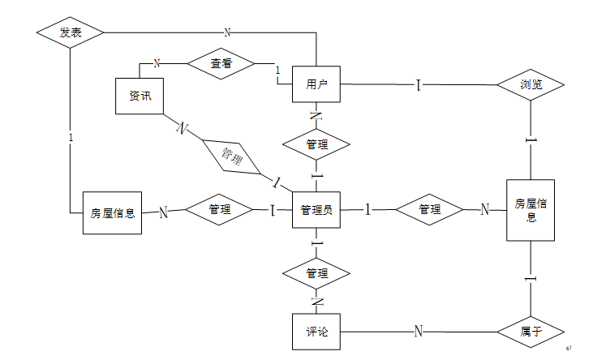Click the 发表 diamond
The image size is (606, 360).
pyautogui.click(x=71, y=32)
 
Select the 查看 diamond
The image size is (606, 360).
pyautogui.click(x=221, y=63)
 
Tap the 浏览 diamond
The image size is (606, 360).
pyautogui.click(x=531, y=84)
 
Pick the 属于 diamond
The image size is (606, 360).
pyautogui.click(x=531, y=332)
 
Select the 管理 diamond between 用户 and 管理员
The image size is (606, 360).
pyautogui.click(x=316, y=144)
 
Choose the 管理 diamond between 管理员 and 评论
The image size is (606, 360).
pyautogui.click(x=316, y=273)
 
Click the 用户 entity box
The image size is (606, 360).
pyautogui.click(x=316, y=84)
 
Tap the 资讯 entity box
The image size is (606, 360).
pyautogui.click(x=140, y=96)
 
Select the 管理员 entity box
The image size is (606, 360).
pyautogui.click(x=316, y=210)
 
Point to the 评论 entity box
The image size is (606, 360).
pyautogui.click(x=316, y=332)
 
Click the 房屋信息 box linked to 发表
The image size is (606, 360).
pyautogui.click(x=112, y=212)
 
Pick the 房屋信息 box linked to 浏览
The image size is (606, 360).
pyautogui.click(x=531, y=210)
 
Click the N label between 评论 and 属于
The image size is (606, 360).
pyautogui.click(x=418, y=331)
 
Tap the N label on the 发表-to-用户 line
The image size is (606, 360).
pyautogui.click(x=227, y=32)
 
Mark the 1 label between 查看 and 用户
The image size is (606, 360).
pyautogui.click(x=277, y=71)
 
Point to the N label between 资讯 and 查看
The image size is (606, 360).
pyautogui.click(x=157, y=63)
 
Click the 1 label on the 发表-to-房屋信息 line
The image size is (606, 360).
pyautogui.click(x=71, y=138)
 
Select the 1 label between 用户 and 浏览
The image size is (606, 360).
pyautogui.click(x=418, y=84)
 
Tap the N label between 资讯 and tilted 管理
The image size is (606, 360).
pyautogui.click(x=182, y=128)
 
